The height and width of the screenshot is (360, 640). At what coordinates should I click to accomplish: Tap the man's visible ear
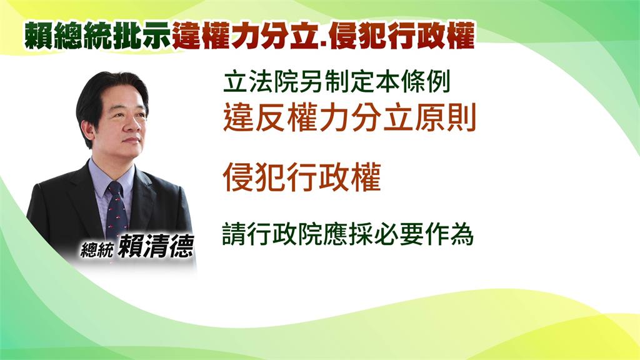tap(87, 130)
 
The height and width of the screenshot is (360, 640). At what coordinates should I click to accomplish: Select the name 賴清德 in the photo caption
tap(156, 246)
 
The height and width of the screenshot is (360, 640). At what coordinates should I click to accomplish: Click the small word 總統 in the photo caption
tap(97, 249)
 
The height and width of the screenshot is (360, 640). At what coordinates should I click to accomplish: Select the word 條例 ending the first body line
tap(426, 82)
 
